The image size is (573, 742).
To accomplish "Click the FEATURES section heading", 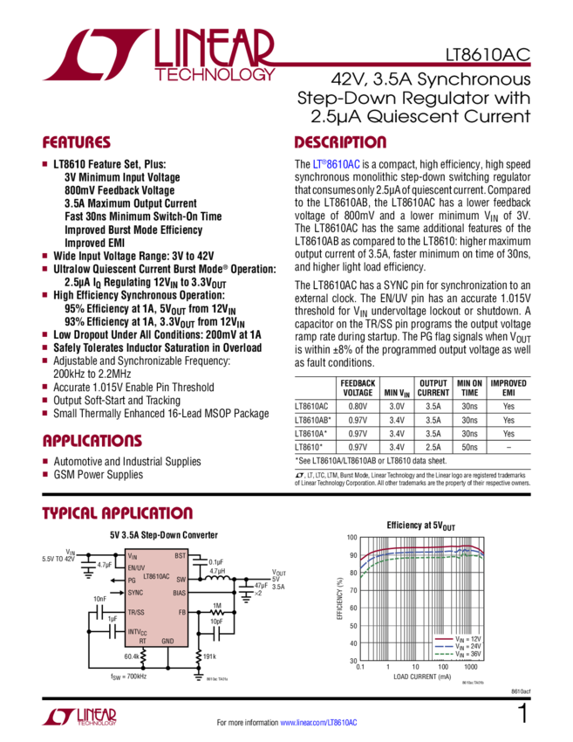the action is (x=77, y=142).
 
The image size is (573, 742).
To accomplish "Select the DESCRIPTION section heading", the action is (x=339, y=142).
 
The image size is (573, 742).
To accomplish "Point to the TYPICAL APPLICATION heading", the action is (x=117, y=513).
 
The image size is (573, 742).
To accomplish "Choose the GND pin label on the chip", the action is (x=167, y=641).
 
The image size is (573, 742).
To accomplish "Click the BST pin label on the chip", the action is (x=180, y=555).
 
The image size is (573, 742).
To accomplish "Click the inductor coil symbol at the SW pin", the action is (x=214, y=578).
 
